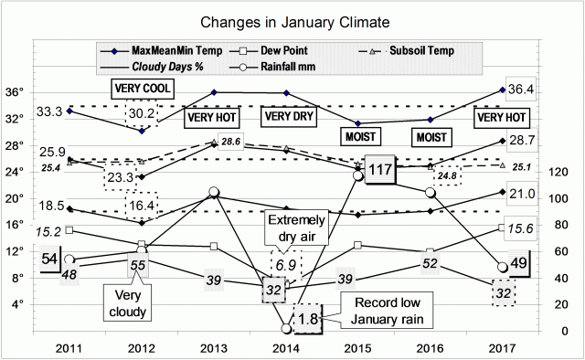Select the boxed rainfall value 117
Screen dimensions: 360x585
379,171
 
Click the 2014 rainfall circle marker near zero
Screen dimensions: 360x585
286,329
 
